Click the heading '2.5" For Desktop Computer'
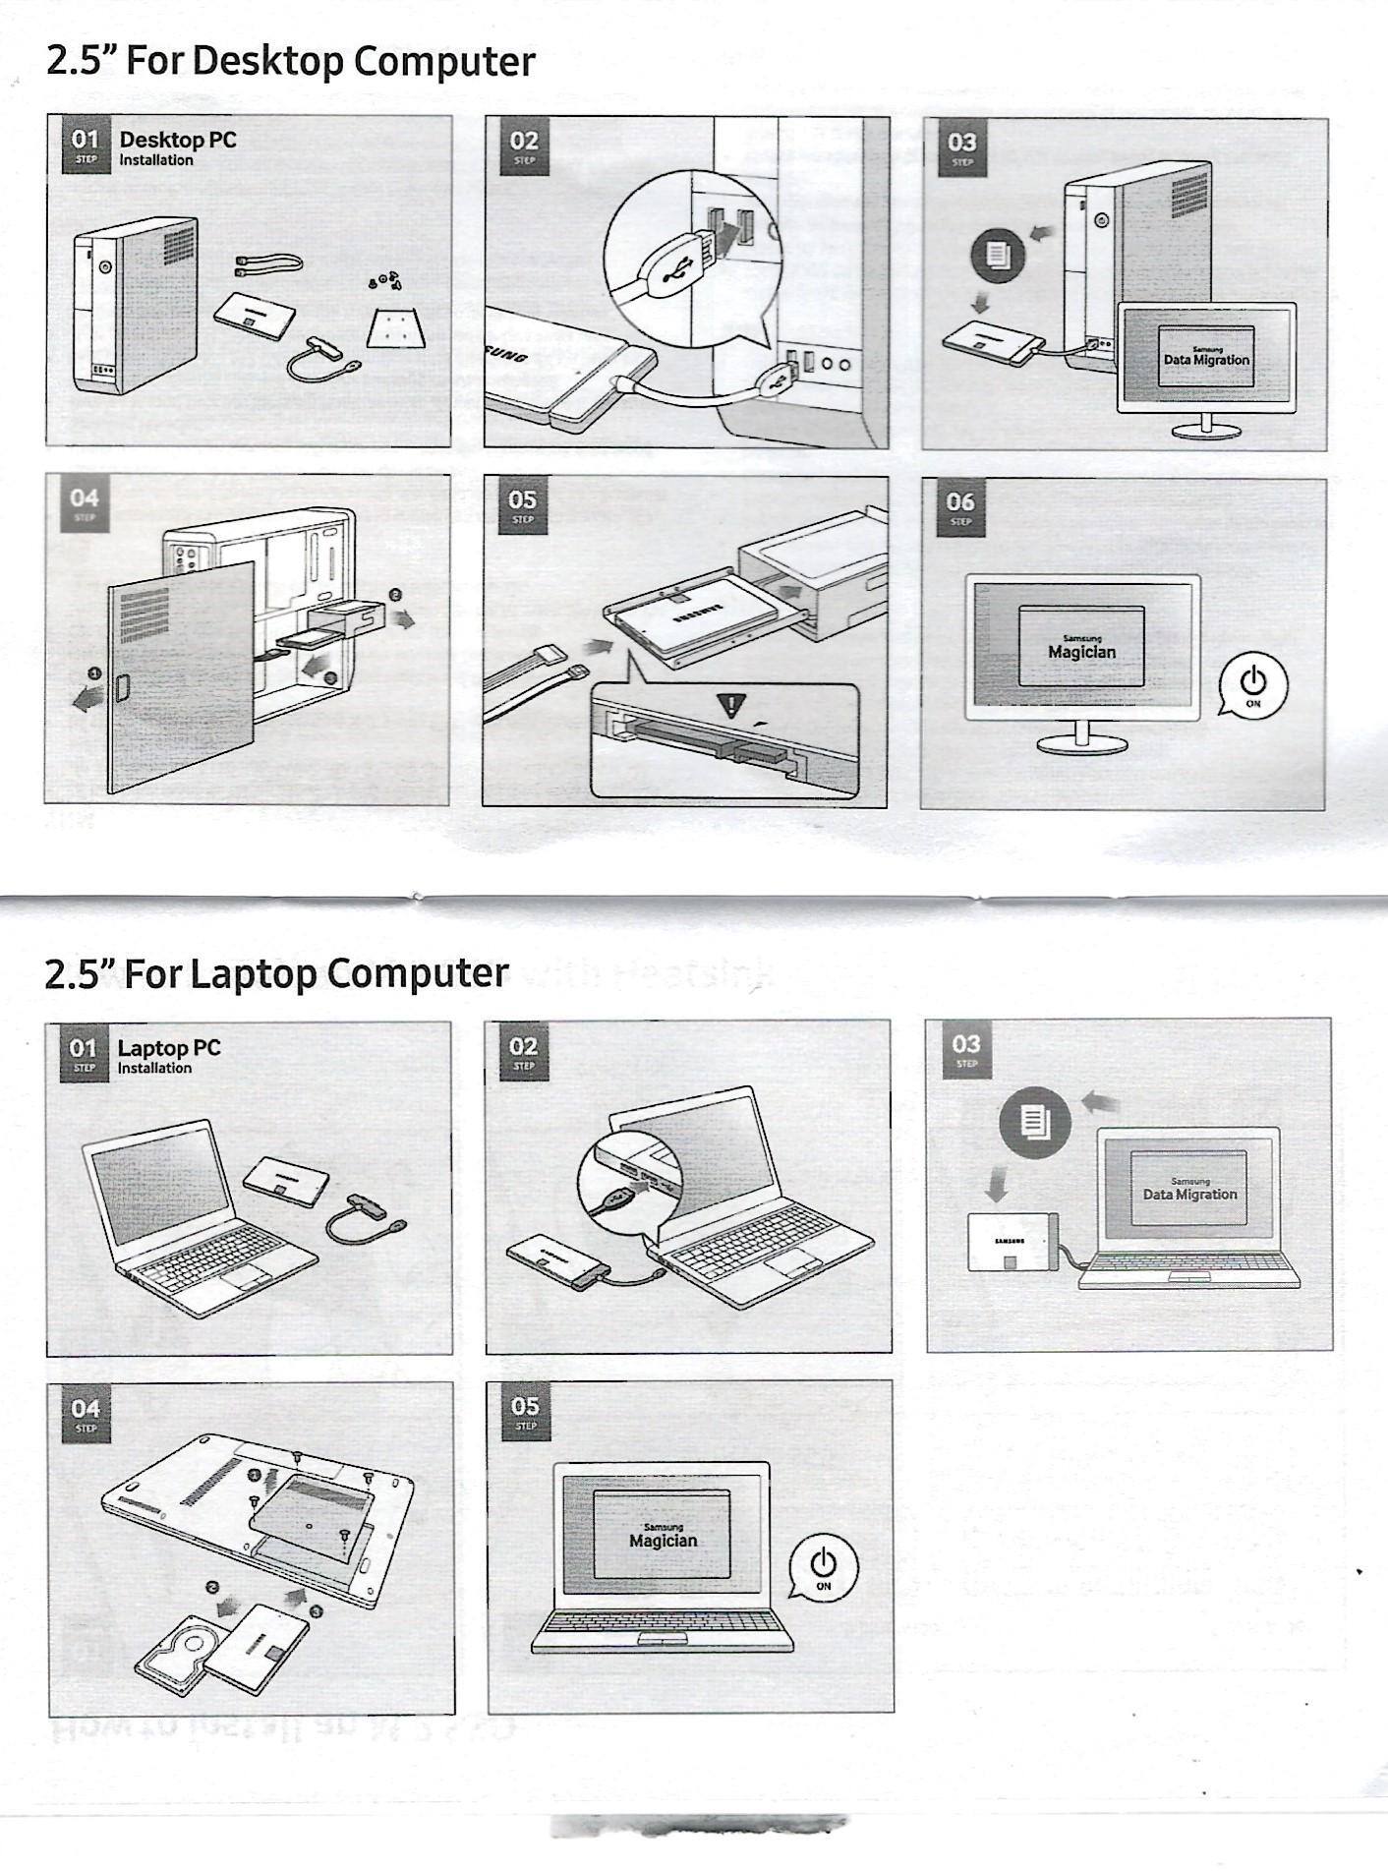tap(290, 61)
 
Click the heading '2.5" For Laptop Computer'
tap(276, 973)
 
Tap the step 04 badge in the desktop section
tap(84, 503)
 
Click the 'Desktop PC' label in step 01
tap(178, 140)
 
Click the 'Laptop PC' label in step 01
tap(169, 1048)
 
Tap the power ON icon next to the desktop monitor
tap(1252, 682)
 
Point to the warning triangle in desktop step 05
tap(730, 704)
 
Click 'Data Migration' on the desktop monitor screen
tap(1206, 360)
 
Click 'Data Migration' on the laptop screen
tap(1189, 1195)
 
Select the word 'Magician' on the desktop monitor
tap(1081, 652)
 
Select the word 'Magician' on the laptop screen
tap(663, 1541)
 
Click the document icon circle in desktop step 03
tap(998, 256)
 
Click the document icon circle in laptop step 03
tap(1034, 1122)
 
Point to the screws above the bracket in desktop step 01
tap(384, 279)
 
